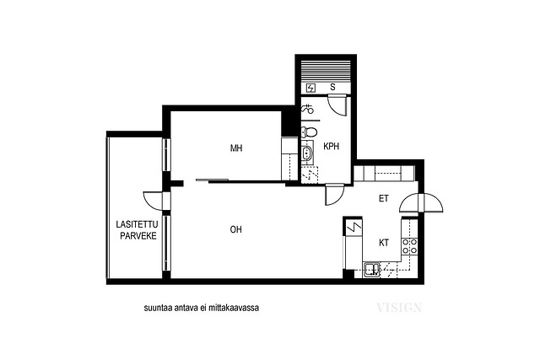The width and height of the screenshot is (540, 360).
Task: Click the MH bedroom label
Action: coord(236,148)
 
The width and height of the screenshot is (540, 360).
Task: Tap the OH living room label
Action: coord(236,229)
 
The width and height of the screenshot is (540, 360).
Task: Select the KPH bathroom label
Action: coord(332,146)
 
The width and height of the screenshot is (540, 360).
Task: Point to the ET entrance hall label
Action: coord(384,199)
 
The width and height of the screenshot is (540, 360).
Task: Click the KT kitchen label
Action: coord(384,243)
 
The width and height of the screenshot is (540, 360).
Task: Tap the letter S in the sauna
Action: coord(332,87)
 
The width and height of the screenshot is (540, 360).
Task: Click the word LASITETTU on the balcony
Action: coord(137,225)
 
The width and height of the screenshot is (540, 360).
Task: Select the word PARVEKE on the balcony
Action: coord(138,236)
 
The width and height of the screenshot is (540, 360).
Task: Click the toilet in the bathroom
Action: coord(309,132)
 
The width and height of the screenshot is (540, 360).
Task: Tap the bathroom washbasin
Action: coord(306,152)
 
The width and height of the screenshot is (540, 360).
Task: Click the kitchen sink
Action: coord(371,269)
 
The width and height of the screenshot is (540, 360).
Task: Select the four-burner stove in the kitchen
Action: coord(410,246)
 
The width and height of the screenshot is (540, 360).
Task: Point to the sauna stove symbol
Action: coord(310,89)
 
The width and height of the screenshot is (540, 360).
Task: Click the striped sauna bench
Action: coord(326,71)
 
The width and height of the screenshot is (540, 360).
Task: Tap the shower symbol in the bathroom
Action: coord(307,109)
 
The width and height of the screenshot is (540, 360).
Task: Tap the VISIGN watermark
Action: coord(399,308)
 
